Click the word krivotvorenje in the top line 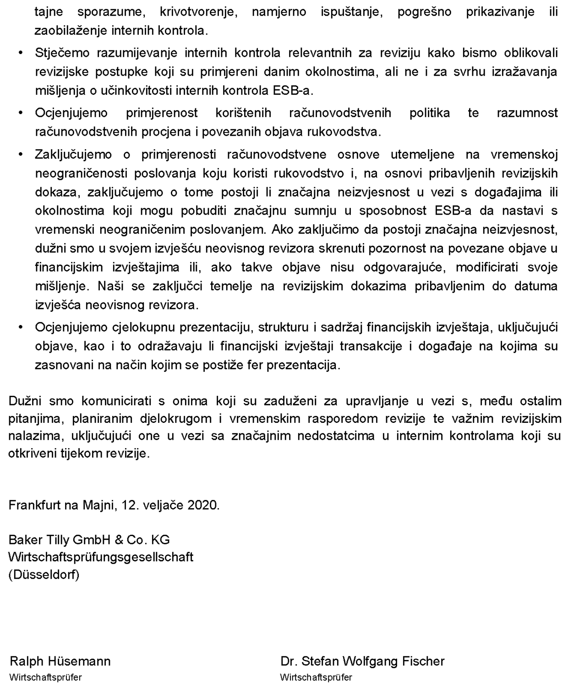pos(198,12)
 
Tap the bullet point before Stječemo pos(21,53)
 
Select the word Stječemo pos(62,53)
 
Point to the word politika pos(430,113)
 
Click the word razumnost pos(527,113)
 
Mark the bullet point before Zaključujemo pos(21,155)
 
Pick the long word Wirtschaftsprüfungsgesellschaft pos(101,557)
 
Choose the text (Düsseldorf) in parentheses pos(44,574)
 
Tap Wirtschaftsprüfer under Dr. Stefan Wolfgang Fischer pos(316,677)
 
